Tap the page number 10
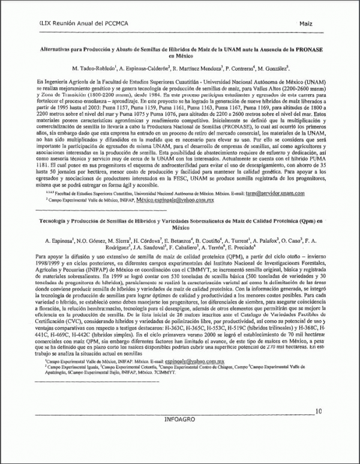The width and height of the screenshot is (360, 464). [x=318, y=411]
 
